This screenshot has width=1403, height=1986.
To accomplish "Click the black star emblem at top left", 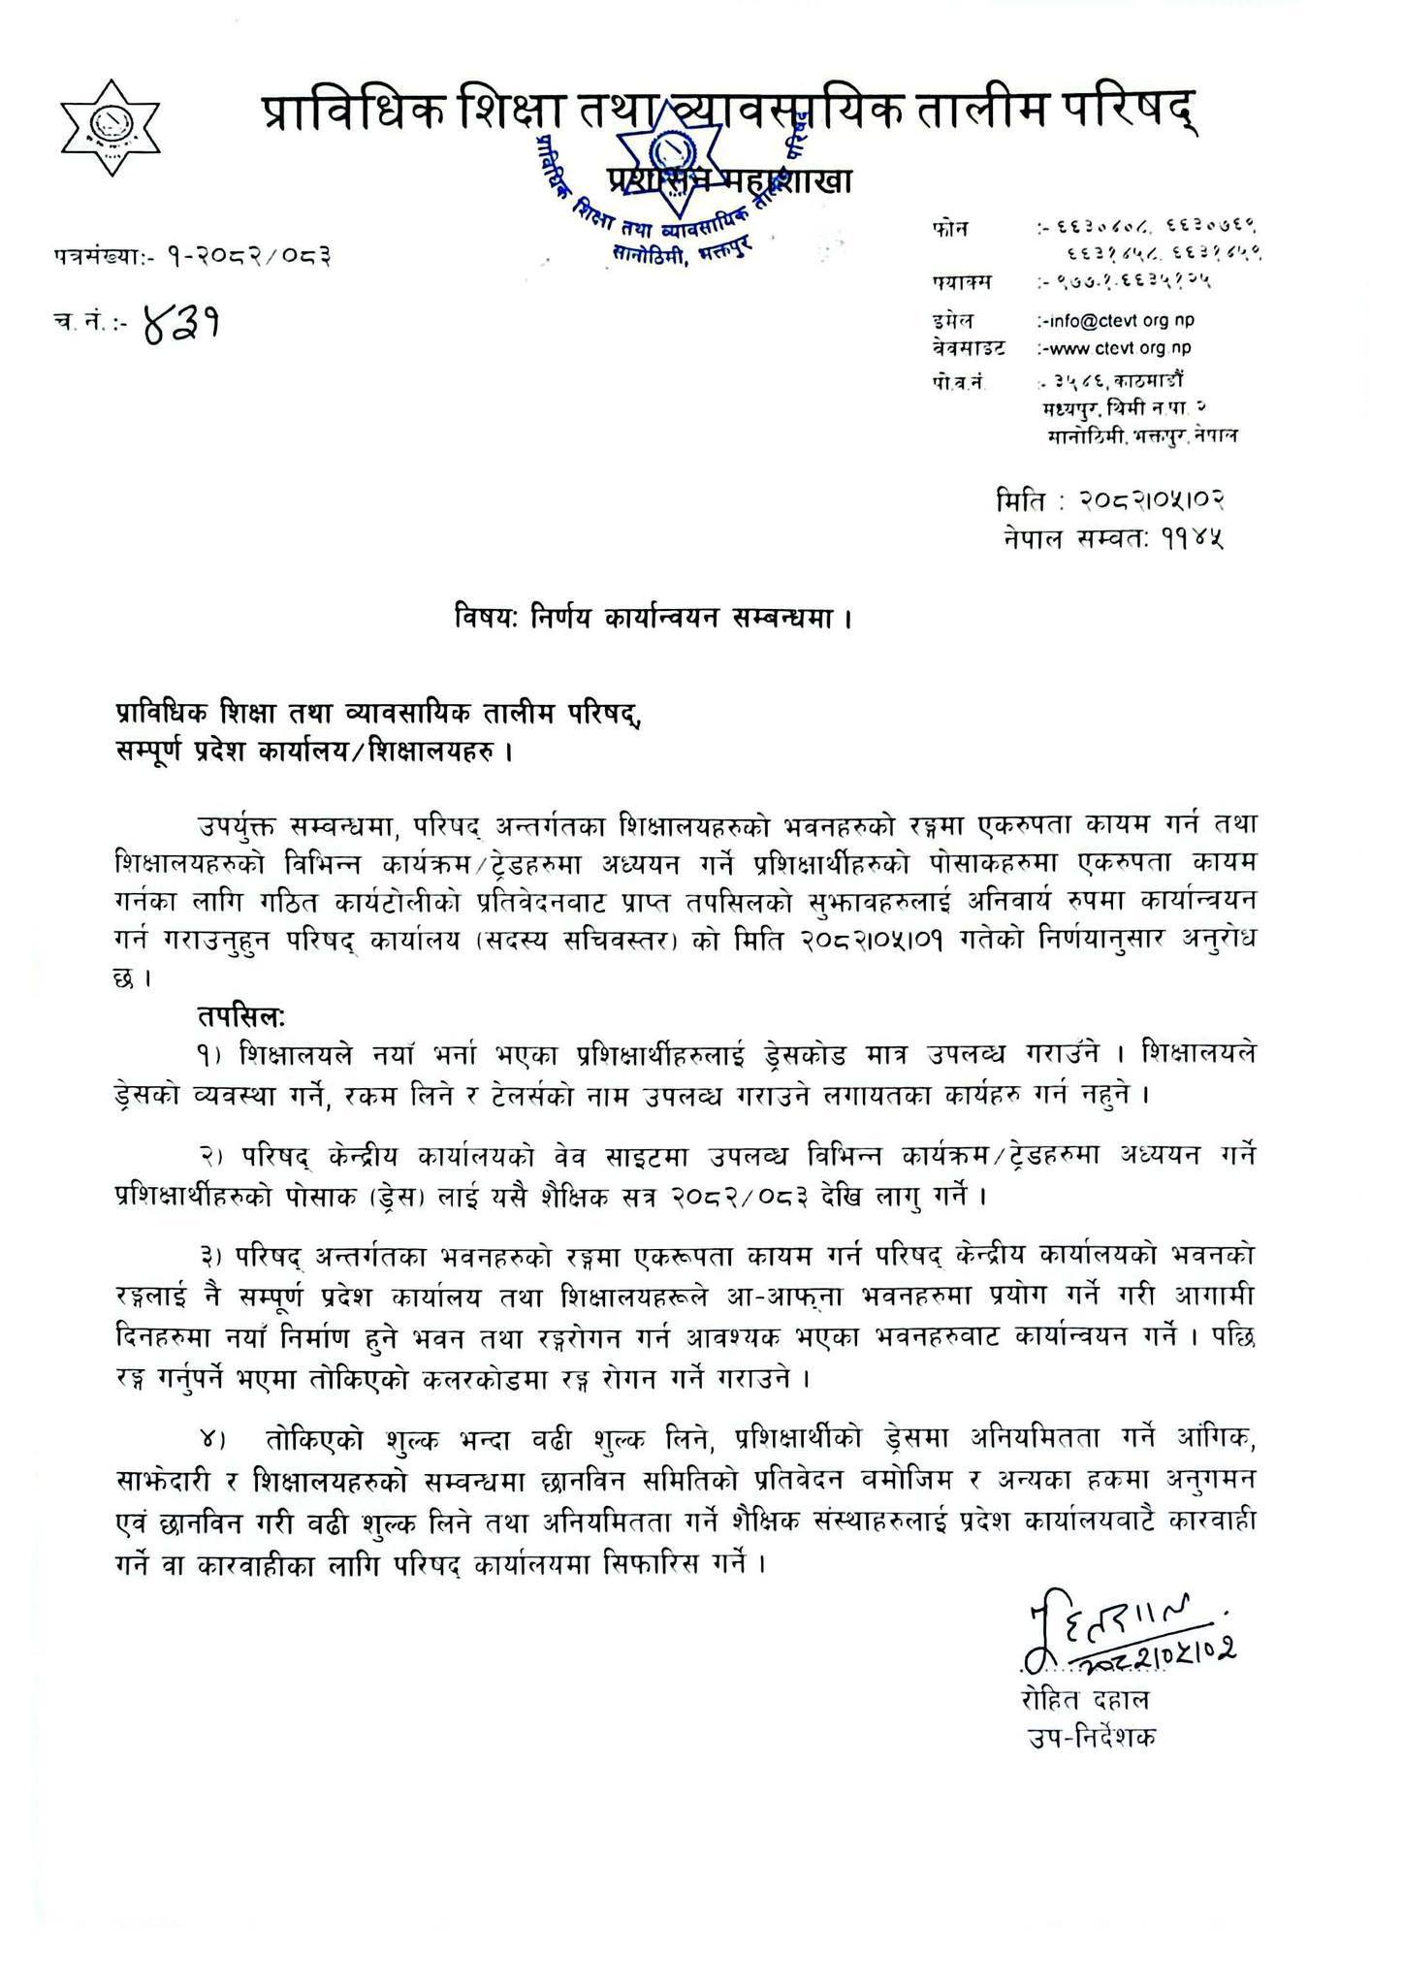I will click(x=110, y=128).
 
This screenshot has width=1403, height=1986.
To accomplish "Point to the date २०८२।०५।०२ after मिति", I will click(x=1151, y=501).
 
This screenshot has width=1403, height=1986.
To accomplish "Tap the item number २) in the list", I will click(x=211, y=1156).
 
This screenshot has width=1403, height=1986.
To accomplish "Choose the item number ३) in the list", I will click(x=211, y=1257).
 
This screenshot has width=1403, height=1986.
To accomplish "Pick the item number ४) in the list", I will click(x=211, y=1439).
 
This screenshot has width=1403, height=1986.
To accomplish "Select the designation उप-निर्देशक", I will click(x=1093, y=1737).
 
